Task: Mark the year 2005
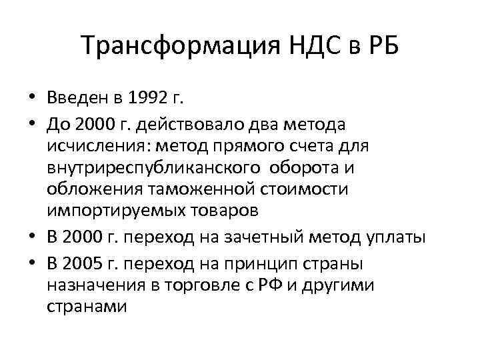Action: click(x=83, y=262)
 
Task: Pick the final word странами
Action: click(x=86, y=307)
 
